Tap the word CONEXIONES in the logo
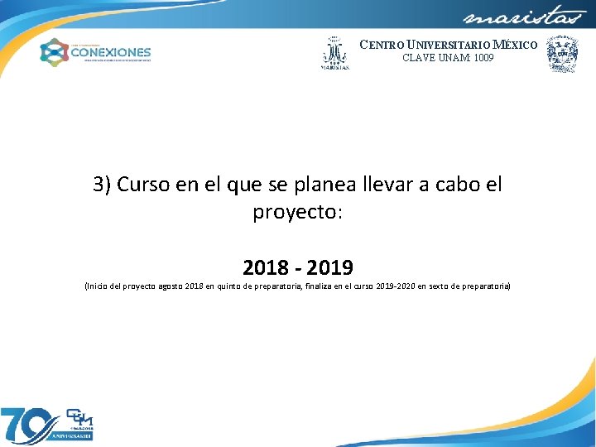(111, 51)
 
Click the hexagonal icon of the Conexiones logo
(55, 52)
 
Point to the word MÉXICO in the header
(515, 45)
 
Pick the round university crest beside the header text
(563, 55)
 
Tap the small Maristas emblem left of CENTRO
(334, 54)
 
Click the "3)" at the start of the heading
(103, 184)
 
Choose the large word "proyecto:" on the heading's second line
(297, 212)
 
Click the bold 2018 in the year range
(266, 267)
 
